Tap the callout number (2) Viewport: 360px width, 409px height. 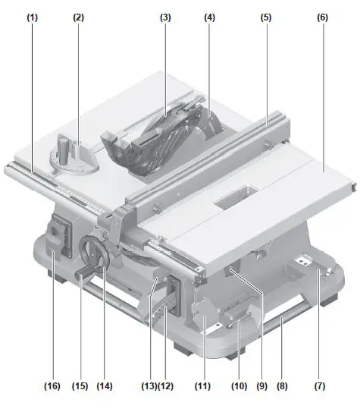tap(79, 16)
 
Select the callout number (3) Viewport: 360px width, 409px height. tap(166, 16)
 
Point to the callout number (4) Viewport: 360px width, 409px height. tap(209, 16)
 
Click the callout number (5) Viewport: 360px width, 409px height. tap(265, 16)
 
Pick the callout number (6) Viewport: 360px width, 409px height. tap(323, 16)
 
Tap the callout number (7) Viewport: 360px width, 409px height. tap(320, 386)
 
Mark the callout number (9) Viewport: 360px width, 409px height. tap(261, 386)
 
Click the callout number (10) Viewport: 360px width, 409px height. tap(239, 386)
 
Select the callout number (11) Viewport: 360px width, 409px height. tap(204, 386)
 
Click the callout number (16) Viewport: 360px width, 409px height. tap(52, 386)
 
